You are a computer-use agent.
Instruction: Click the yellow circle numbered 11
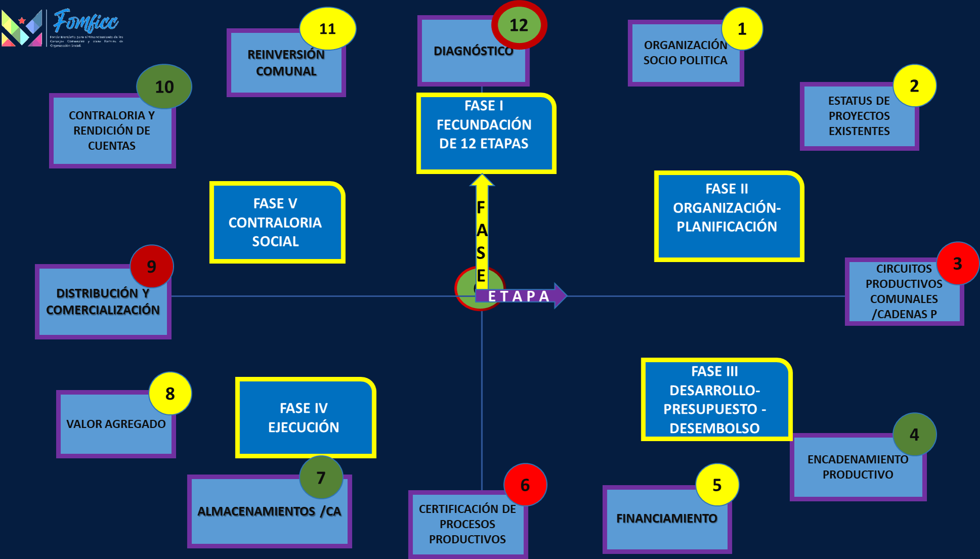point(328,29)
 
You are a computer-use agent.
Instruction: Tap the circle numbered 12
point(519,25)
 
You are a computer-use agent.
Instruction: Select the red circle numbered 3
point(957,264)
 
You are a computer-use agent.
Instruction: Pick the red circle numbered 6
point(525,485)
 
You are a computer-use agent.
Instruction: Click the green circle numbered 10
point(164,87)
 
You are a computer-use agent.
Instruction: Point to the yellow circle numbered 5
point(717,485)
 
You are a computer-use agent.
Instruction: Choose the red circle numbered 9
point(151,267)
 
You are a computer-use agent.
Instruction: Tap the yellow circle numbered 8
point(170,394)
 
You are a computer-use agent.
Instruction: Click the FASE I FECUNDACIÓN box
point(484,133)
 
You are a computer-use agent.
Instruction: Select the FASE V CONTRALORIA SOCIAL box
point(276,223)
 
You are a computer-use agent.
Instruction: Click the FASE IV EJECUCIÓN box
point(304,417)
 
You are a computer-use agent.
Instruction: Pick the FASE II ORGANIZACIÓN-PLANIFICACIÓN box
point(727,216)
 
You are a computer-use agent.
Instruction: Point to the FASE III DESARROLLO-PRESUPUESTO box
point(715,400)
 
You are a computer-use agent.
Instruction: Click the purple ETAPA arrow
point(521,296)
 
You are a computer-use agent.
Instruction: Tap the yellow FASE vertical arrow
point(481,233)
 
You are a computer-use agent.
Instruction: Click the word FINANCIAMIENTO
point(666,519)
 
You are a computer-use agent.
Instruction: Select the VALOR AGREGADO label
point(116,424)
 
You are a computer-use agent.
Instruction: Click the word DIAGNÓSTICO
point(473,51)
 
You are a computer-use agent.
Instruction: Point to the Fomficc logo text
point(86,22)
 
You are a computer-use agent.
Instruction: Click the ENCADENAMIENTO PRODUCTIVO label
point(858,467)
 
